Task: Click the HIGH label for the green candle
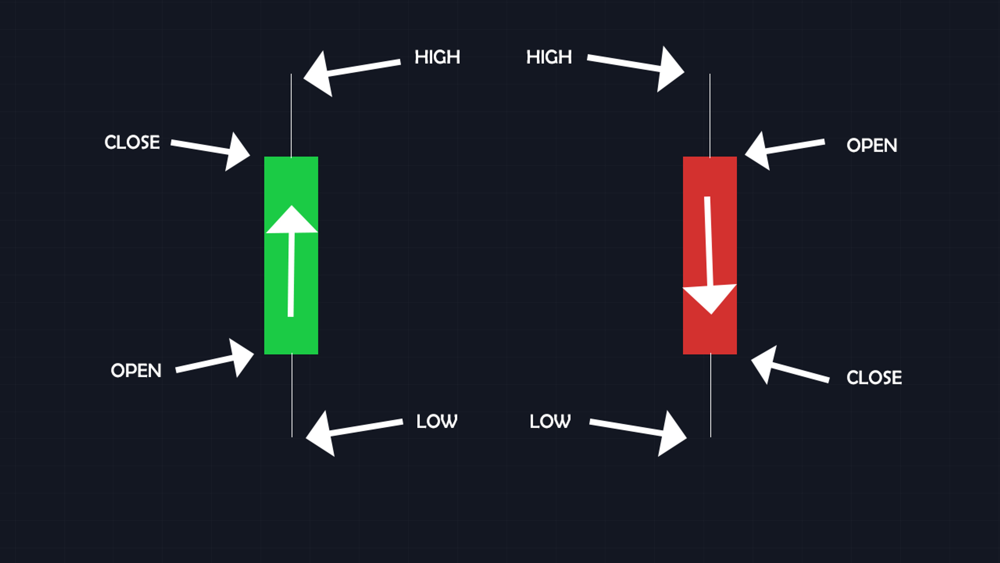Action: (x=437, y=57)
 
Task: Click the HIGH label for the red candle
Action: (x=549, y=57)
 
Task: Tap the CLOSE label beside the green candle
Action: (x=132, y=142)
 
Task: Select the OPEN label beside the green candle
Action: (x=136, y=371)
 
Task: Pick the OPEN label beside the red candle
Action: (x=872, y=145)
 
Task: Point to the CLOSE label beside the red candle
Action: (x=874, y=378)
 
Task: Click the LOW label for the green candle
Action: (x=437, y=421)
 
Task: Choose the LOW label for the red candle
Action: (x=550, y=421)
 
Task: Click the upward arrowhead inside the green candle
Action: (x=291, y=220)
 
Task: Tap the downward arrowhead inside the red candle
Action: (x=710, y=299)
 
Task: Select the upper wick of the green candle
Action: (x=291, y=115)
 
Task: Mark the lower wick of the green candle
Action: (x=292, y=395)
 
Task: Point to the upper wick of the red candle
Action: (x=710, y=115)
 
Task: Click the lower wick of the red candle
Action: (x=711, y=395)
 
